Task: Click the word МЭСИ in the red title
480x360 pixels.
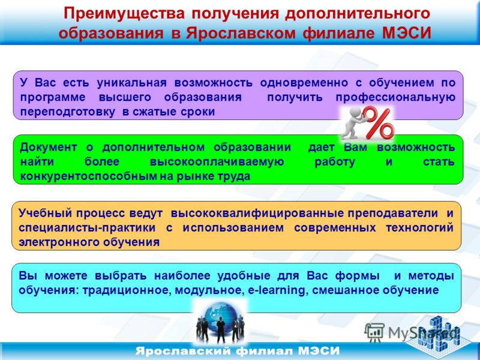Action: pyautogui.click(x=407, y=33)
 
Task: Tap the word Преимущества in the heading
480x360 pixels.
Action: pyautogui.click(x=124, y=14)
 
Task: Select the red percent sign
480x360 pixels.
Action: pyautogui.click(x=379, y=122)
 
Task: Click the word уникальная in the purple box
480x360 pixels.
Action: pyautogui.click(x=131, y=83)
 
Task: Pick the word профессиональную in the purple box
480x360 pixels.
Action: pyautogui.click(x=395, y=97)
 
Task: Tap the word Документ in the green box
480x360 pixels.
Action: pyautogui.click(x=49, y=148)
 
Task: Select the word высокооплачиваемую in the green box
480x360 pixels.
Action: pyautogui.click(x=217, y=162)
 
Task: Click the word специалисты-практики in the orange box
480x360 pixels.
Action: pyautogui.click(x=87, y=228)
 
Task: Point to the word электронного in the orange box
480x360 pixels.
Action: pyautogui.click(x=59, y=242)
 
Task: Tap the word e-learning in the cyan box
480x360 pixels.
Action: pyautogui.click(x=277, y=290)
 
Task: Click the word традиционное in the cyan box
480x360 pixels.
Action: pyautogui.click(x=125, y=290)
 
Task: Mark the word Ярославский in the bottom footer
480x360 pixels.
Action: pyautogui.click(x=183, y=351)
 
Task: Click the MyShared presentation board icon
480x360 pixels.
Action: pyautogui.click(x=374, y=332)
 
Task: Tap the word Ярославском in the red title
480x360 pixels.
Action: pyautogui.click(x=241, y=33)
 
